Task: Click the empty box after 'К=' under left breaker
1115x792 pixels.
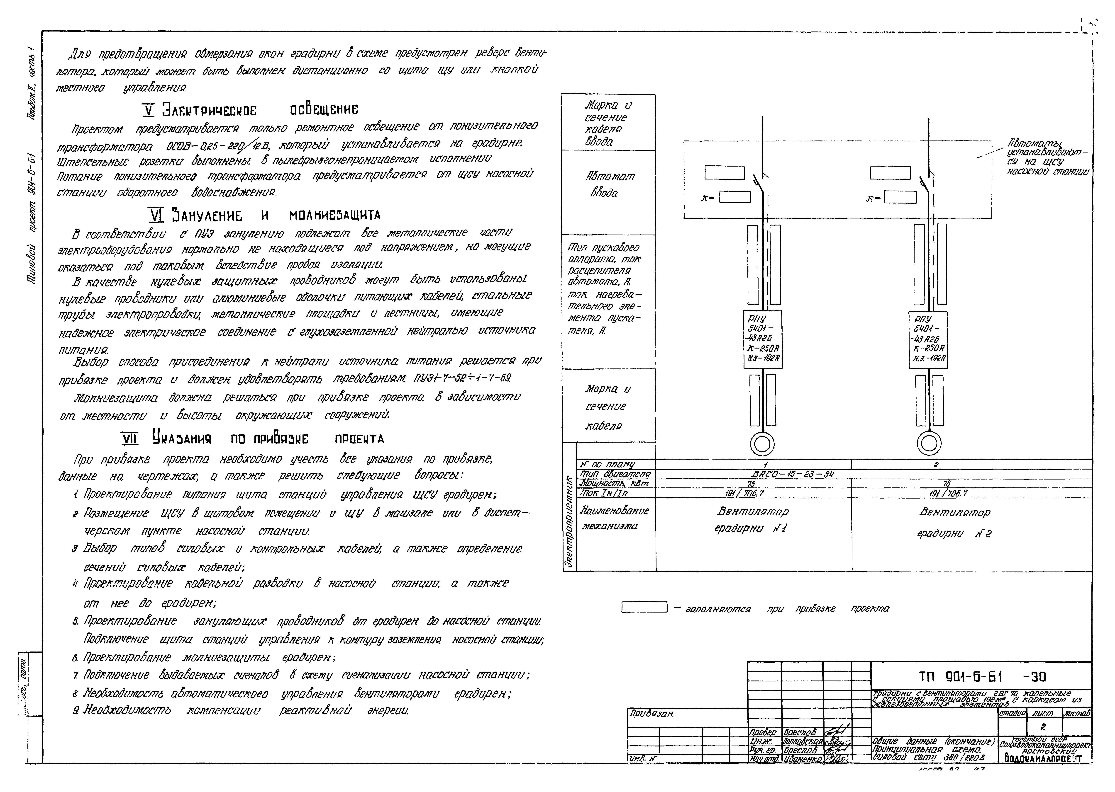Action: tap(735, 197)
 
